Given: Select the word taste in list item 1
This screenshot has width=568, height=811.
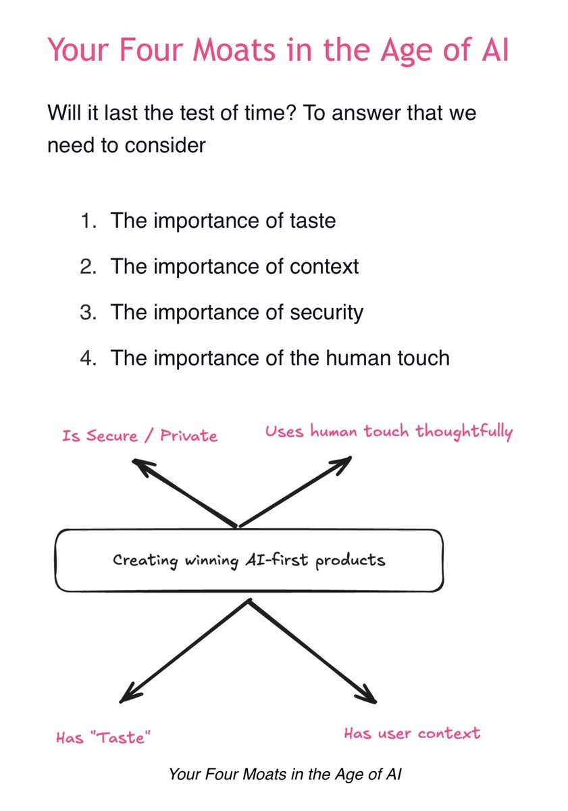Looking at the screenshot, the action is [x=313, y=220].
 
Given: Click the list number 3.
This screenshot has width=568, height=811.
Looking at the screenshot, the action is [x=88, y=312].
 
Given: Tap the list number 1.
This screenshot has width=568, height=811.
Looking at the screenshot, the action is [x=88, y=221].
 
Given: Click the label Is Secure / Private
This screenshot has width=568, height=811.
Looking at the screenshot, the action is [x=140, y=435].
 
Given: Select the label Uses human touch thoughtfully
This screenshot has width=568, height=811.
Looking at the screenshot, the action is [x=389, y=432].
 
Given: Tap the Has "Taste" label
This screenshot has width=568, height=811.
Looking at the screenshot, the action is [x=103, y=737].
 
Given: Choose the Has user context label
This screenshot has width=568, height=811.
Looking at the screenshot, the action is [x=412, y=733].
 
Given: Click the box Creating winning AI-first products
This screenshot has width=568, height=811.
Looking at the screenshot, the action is [x=249, y=560].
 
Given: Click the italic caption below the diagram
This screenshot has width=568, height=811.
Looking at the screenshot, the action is [x=285, y=774].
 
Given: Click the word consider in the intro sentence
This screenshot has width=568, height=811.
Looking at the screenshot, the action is [x=165, y=145].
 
